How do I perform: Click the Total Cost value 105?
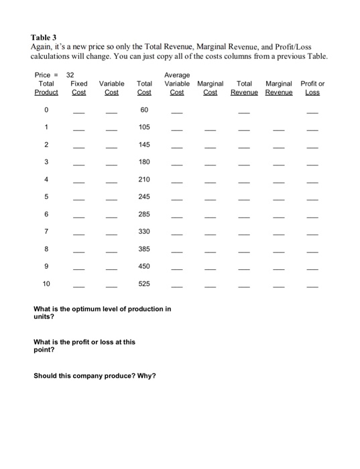click(x=144, y=127)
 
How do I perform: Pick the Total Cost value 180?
click(x=144, y=161)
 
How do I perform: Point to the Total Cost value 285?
click(x=144, y=214)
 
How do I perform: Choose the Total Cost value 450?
click(x=144, y=266)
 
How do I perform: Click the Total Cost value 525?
click(x=144, y=283)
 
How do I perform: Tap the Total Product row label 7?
click(x=46, y=231)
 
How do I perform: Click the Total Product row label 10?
click(x=46, y=283)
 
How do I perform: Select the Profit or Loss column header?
click(x=313, y=88)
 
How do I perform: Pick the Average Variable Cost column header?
click(x=177, y=84)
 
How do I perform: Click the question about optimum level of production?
click(x=102, y=313)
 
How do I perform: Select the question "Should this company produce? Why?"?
click(x=95, y=375)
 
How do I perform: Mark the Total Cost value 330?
click(x=144, y=231)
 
